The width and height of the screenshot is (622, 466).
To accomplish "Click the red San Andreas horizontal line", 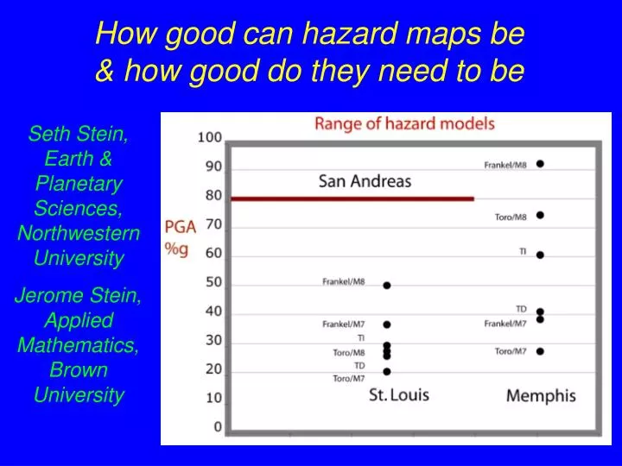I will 352,198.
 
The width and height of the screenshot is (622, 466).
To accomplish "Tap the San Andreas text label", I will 365,181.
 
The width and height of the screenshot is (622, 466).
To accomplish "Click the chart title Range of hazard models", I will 404,123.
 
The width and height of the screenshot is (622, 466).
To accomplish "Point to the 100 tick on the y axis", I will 210,137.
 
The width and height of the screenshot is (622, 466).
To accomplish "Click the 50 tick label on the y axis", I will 213,282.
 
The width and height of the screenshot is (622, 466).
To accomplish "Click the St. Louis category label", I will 398,395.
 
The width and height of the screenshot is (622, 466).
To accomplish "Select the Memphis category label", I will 541,396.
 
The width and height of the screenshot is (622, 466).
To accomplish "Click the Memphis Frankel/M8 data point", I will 540,163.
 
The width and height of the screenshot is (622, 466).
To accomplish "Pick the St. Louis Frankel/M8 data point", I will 387,285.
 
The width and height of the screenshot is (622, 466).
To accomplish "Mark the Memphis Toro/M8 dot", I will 540,215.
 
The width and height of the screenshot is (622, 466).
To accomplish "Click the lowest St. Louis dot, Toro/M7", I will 387,371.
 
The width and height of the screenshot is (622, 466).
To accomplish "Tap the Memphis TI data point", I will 540,255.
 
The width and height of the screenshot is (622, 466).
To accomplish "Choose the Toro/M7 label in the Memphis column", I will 510,351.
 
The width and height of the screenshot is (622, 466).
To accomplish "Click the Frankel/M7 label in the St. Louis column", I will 344,324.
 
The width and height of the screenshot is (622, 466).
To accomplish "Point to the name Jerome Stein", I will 79,296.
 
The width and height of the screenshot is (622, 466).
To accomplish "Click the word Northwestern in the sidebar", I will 79,233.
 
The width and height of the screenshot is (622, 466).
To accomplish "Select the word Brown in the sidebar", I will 79,370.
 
